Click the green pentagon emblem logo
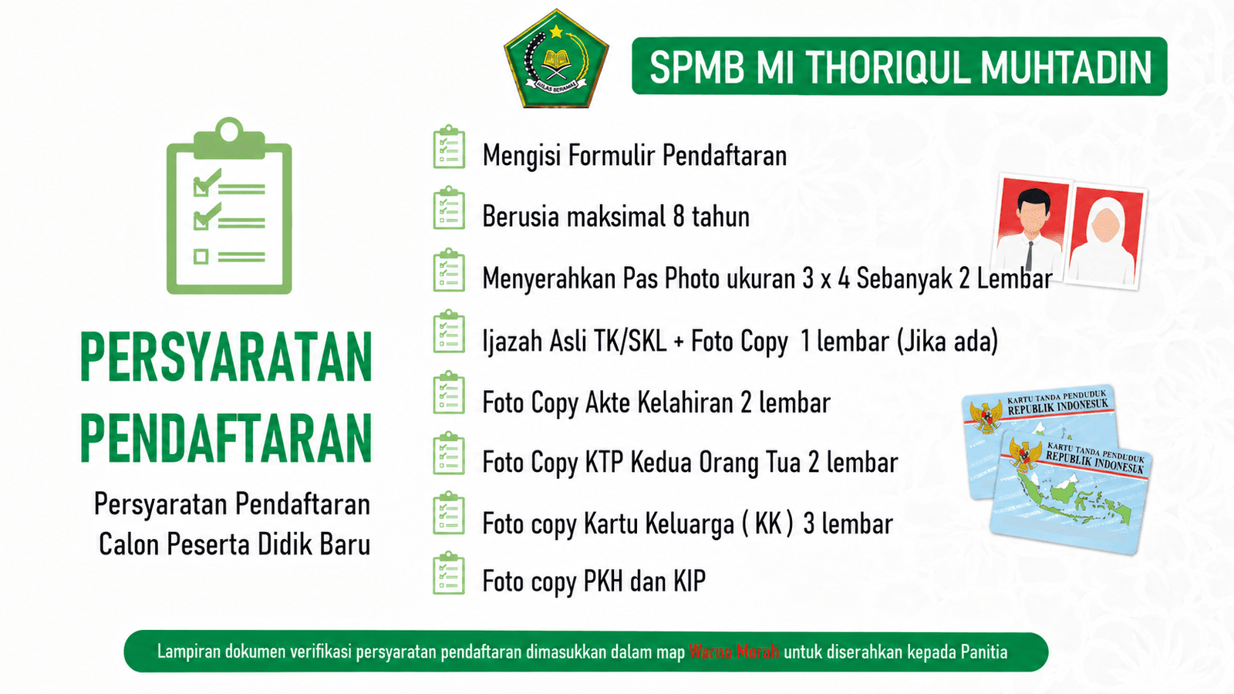click(x=556, y=59)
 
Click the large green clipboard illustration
click(x=229, y=205)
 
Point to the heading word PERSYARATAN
click(x=227, y=356)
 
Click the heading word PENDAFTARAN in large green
click(x=227, y=438)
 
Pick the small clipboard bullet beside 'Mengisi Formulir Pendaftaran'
click(x=449, y=147)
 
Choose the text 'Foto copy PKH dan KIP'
click(x=594, y=581)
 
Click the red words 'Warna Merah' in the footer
click(x=733, y=652)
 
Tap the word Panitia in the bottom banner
click(x=984, y=652)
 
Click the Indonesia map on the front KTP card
click(x=1074, y=502)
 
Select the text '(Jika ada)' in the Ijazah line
click(x=948, y=342)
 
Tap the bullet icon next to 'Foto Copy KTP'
click(x=449, y=454)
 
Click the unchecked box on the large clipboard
click(x=201, y=257)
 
